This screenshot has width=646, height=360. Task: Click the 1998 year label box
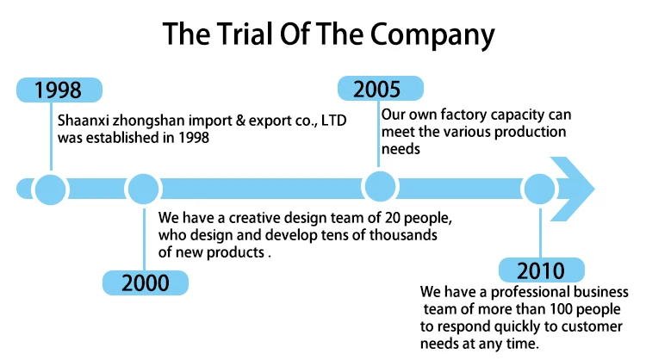pyautogui.click(x=59, y=90)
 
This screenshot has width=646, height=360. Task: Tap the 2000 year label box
pyautogui.click(x=146, y=282)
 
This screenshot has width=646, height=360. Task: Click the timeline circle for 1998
pyautogui.click(x=50, y=188)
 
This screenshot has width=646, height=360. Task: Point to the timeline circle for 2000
pyautogui.click(x=144, y=188)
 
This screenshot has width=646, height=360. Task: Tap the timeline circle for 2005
pyautogui.click(x=378, y=186)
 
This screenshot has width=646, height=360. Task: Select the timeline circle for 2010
pyautogui.click(x=540, y=188)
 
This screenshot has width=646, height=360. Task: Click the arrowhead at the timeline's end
pyautogui.click(x=575, y=187)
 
